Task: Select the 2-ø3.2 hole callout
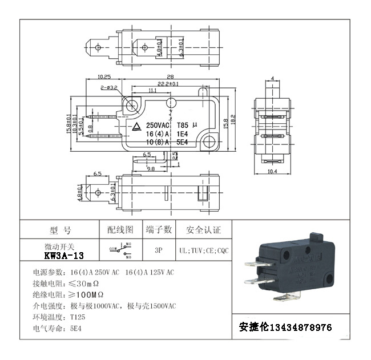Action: coord(108,88)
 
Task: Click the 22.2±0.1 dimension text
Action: coord(168,84)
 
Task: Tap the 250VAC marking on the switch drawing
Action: coord(158,125)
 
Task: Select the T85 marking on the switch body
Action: coord(182,125)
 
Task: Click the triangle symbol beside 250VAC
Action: coord(138,126)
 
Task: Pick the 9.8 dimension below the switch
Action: coord(151,169)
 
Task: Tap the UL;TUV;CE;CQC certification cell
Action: coord(203,250)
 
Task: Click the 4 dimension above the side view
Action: coord(273,78)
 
